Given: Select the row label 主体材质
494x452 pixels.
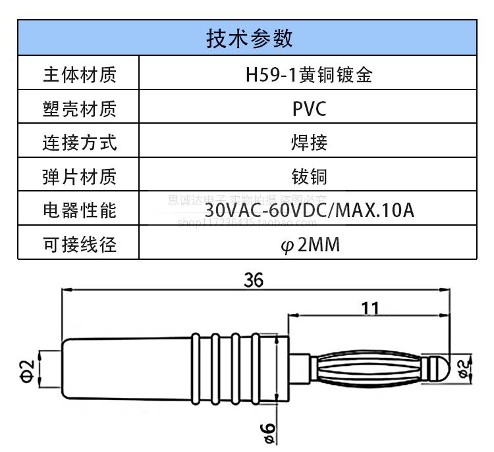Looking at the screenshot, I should point(79,74).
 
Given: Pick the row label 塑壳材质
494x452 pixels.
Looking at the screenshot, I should point(79,109).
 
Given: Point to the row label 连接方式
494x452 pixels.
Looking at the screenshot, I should point(79,142).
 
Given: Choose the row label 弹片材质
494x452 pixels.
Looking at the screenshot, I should point(79,176).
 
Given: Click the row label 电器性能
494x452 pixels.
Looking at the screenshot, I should point(79,211).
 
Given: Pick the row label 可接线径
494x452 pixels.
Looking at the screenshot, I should point(79,245).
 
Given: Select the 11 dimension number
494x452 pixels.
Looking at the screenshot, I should point(371,307).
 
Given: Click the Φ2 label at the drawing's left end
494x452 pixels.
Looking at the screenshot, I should point(27,368).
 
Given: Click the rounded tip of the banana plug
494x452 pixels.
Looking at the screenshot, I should point(440,367).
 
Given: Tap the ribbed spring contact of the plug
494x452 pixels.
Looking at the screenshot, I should point(369,367).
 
